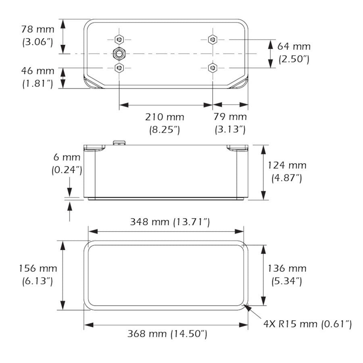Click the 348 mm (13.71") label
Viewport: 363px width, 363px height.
pos(169,221)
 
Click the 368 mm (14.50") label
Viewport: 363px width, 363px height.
pos(167,334)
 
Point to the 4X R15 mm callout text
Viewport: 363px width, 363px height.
pos(307,323)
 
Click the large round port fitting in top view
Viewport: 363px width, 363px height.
pos(119,53)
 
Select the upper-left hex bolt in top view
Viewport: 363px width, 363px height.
pos(119,40)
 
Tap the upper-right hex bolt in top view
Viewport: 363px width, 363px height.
pos(213,40)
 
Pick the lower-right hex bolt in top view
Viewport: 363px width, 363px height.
pos(213,67)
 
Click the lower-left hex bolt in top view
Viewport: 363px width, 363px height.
pos(119,67)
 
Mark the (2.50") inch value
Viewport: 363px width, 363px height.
pos(294,59)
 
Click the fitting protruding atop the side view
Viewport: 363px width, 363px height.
pos(119,142)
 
